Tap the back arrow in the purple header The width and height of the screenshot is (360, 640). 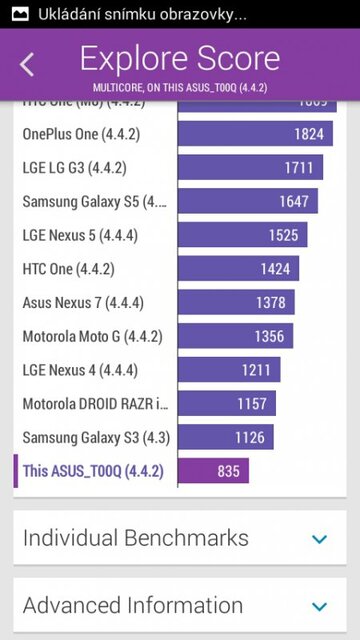coord(27,65)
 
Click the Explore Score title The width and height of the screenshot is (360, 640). coord(179,57)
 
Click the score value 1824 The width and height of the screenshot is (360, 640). coord(308,134)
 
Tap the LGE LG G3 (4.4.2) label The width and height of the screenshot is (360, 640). coord(75,168)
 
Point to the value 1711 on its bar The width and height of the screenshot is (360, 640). coord(298,168)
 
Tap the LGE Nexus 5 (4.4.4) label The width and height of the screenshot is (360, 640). coord(80,236)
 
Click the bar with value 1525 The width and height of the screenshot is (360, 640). coord(242,236)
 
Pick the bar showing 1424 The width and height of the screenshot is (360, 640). coord(238,269)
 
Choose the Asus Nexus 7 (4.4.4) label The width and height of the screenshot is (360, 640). coord(80,303)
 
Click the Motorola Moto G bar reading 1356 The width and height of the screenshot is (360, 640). coord(235,337)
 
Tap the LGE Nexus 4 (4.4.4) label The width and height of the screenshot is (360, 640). coord(80,371)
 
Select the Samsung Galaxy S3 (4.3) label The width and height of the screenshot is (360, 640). coord(87,438)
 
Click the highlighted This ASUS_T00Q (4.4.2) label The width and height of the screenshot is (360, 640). coord(92,472)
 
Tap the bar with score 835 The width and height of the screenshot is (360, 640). coord(214,472)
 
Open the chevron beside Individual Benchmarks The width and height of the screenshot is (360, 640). coord(319,539)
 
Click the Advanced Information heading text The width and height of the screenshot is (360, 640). coord(133,606)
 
